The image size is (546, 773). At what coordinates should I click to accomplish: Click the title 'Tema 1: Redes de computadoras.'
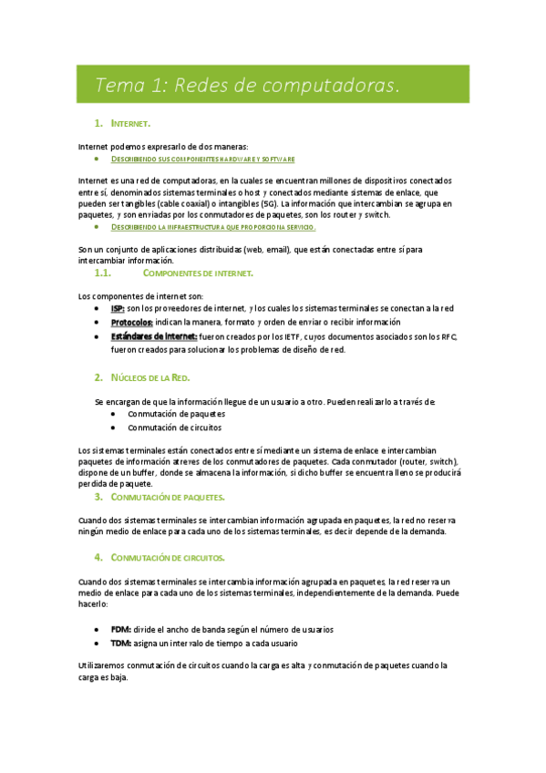point(247,86)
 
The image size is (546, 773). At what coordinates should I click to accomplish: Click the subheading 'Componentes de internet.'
point(199,273)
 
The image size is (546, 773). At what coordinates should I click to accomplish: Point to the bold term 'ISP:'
point(118,310)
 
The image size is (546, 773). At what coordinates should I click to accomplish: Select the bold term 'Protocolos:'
point(132,323)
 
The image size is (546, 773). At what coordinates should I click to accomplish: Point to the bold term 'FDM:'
point(120,629)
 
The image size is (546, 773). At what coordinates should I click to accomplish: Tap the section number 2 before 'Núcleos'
point(98,377)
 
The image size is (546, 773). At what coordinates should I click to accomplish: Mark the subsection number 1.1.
point(102,273)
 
